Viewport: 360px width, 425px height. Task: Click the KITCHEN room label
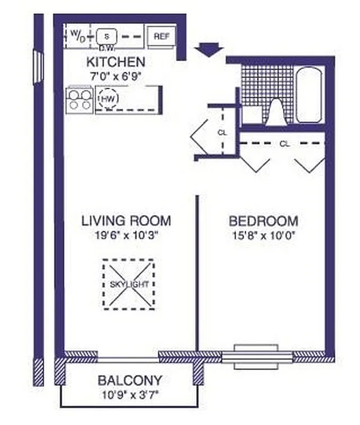pos(115,62)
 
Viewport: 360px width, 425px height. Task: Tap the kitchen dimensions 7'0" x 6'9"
pos(115,76)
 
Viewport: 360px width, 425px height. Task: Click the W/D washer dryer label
pos(78,36)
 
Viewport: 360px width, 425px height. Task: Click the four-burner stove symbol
pos(79,99)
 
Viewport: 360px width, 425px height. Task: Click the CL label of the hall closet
pos(222,133)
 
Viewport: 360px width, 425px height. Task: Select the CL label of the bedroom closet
pos(284,143)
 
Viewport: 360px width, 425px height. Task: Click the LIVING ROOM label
pos(126,220)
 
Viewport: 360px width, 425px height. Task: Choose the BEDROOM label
pos(263,221)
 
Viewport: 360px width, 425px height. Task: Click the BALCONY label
pos(130,380)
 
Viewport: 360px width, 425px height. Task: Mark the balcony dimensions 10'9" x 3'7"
pos(130,395)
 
